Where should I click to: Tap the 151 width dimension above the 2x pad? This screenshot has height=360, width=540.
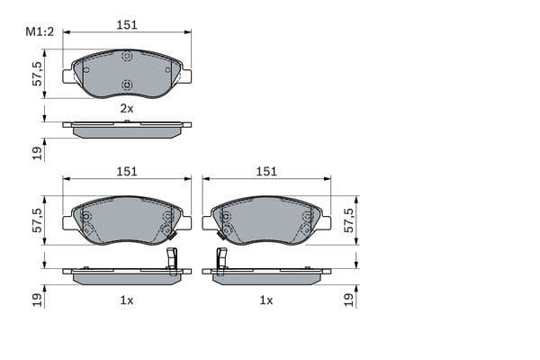click(127, 26)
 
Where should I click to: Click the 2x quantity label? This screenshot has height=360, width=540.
click(127, 108)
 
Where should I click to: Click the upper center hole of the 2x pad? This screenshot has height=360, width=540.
click(127, 57)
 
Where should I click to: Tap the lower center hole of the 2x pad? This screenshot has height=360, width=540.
click(127, 86)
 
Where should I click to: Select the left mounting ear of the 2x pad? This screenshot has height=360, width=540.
click(68, 76)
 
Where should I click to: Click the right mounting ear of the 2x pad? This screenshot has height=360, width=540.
click(185, 76)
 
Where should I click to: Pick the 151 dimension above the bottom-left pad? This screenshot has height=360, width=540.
click(127, 171)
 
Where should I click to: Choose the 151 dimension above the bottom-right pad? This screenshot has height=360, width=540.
click(266, 171)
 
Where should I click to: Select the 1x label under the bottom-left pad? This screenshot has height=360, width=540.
click(127, 300)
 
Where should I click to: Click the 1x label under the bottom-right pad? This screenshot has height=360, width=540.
click(266, 300)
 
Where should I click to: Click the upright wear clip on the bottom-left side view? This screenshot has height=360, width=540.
click(172, 258)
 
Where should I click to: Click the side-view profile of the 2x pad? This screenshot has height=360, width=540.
click(127, 129)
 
